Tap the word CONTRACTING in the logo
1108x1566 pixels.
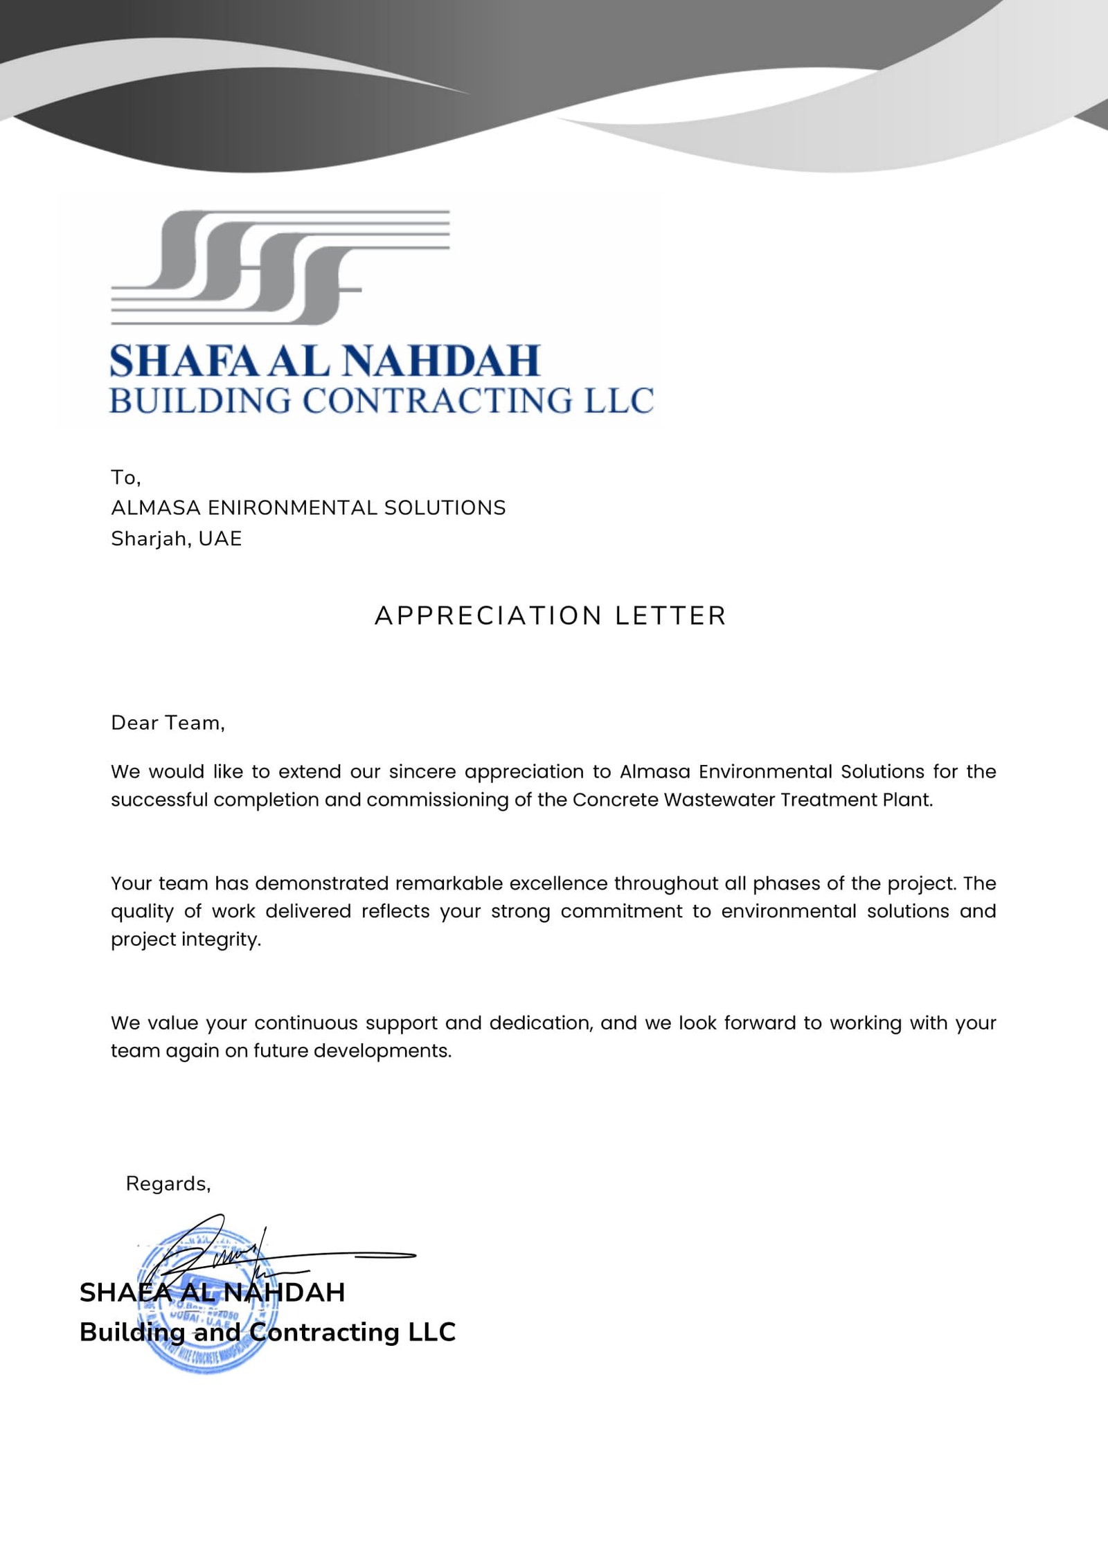(x=438, y=401)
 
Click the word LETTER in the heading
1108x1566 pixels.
(x=670, y=615)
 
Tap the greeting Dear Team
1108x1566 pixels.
(x=168, y=723)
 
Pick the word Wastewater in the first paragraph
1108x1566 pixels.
(x=717, y=800)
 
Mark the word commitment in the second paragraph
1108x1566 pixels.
(x=621, y=911)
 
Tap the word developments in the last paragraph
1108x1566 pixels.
(x=382, y=1051)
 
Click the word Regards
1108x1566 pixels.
(x=168, y=1184)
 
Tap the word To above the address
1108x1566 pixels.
(x=125, y=477)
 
